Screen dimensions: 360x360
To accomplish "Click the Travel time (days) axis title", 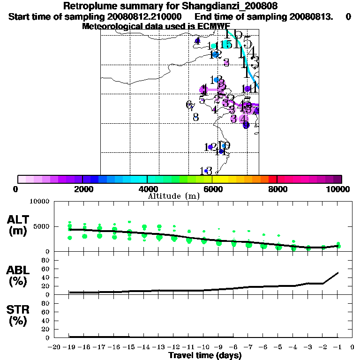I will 205,356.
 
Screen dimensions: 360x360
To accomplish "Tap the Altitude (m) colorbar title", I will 173,196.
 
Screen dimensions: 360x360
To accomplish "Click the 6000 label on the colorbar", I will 212,189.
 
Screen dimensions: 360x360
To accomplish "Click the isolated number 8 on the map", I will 196,117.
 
